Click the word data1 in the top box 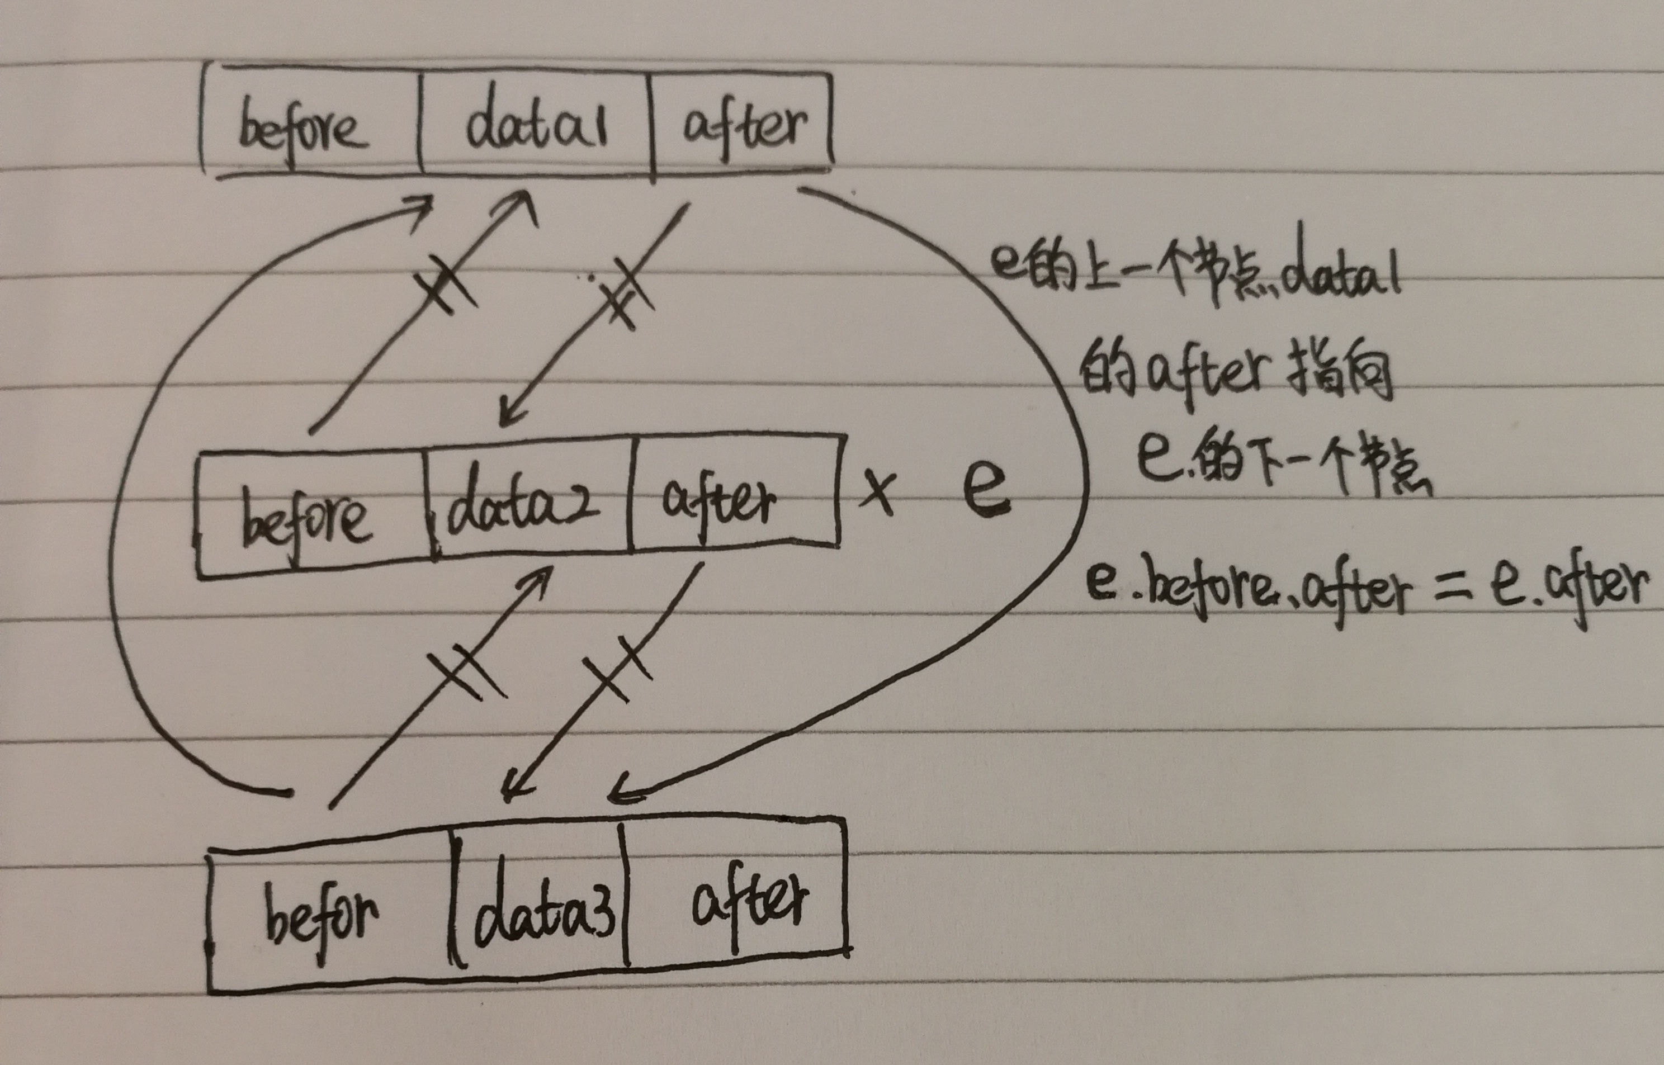tap(537, 125)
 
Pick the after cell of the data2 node tap(719, 501)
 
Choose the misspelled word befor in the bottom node tap(321, 913)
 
